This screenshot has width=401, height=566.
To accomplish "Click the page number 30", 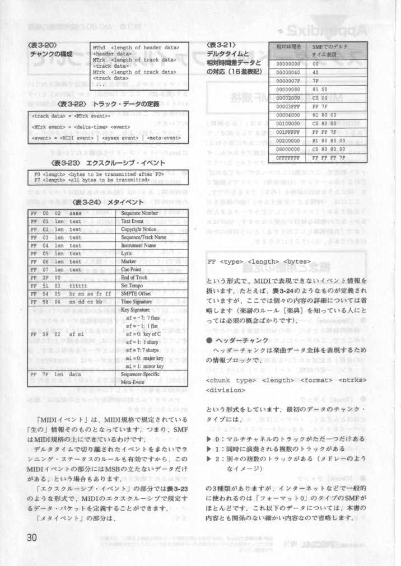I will (x=31, y=536).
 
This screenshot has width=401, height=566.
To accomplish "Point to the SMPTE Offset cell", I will (x=136, y=293).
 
